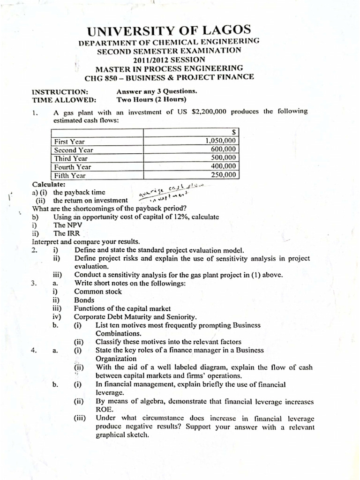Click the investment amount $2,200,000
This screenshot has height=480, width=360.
(x=210, y=111)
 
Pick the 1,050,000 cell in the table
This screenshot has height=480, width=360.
(x=221, y=141)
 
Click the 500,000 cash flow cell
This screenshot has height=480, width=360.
(x=224, y=158)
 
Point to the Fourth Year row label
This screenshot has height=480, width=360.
(x=73, y=167)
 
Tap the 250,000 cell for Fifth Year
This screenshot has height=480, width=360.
(x=224, y=175)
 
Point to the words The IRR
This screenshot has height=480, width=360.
(x=67, y=233)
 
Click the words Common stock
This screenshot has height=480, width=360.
(x=97, y=291)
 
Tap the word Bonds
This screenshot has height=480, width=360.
(x=84, y=300)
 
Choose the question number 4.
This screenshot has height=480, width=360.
(x=34, y=350)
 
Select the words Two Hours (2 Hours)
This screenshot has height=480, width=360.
(x=151, y=99)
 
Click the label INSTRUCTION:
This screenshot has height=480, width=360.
(x=59, y=91)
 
